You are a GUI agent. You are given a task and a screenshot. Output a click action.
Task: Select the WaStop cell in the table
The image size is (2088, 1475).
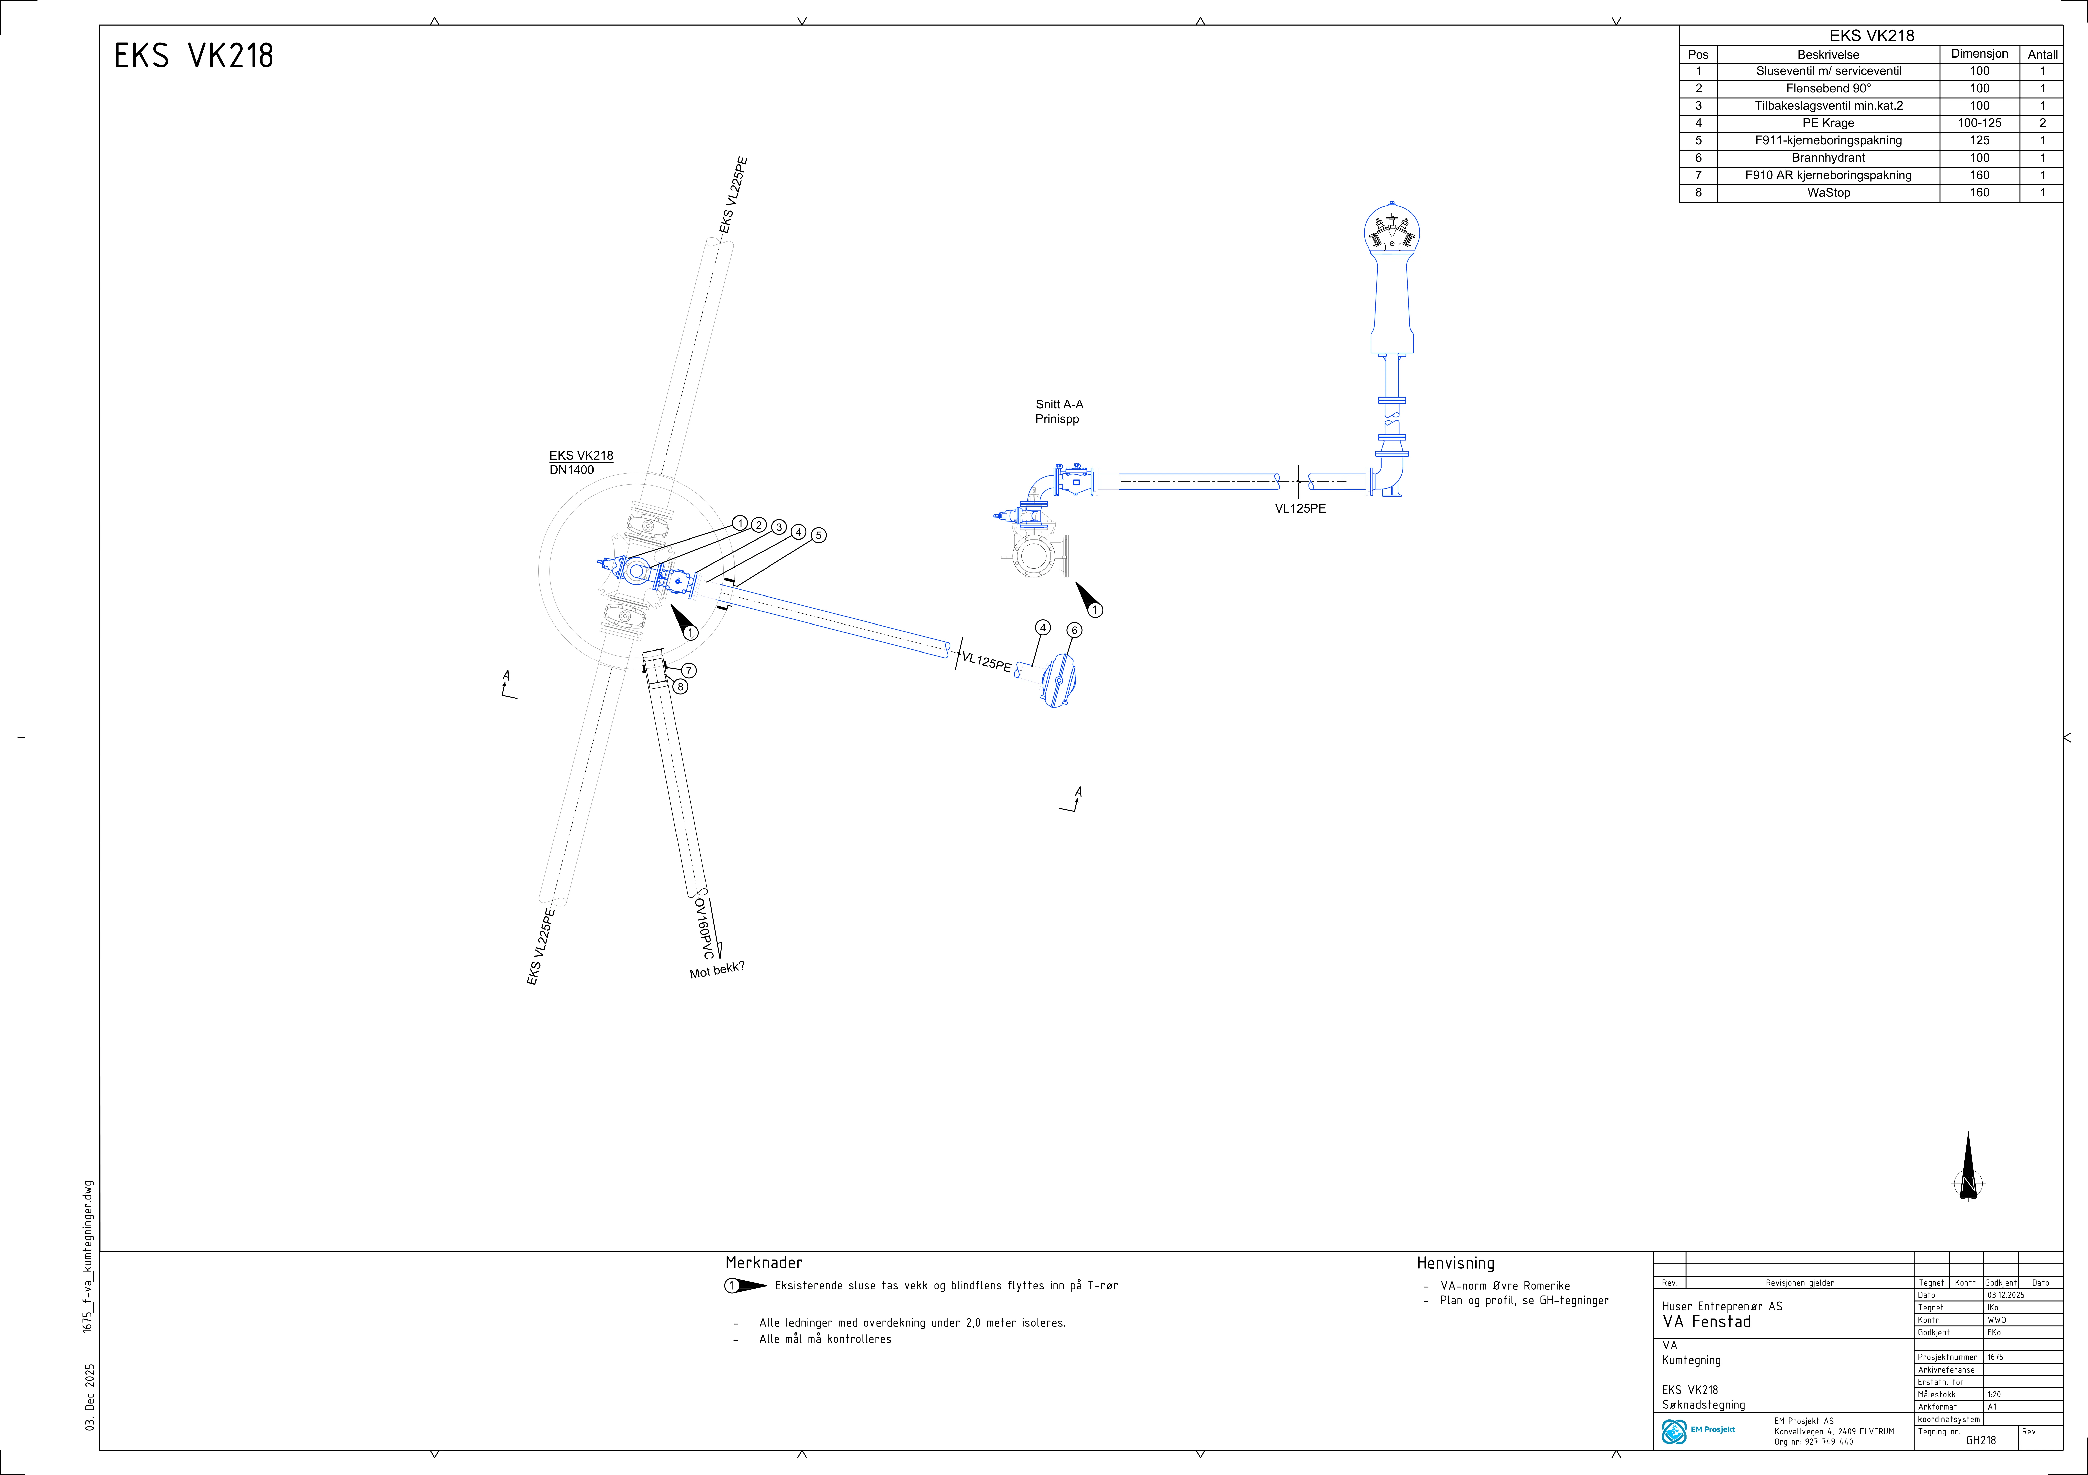point(1828,193)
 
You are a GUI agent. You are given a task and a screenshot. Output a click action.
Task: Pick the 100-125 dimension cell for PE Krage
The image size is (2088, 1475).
point(1979,123)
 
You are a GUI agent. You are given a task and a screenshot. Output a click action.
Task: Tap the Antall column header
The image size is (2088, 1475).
point(2042,54)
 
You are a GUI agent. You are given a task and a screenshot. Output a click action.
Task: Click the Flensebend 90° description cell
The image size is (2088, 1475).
point(1828,88)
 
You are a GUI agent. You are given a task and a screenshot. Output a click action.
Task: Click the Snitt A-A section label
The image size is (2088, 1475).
point(1059,405)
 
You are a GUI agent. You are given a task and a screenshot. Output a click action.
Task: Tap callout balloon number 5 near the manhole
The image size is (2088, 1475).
point(819,536)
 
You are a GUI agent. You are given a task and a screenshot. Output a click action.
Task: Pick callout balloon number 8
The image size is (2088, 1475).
point(680,687)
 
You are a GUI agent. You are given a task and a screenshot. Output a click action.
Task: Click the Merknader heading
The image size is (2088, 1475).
point(764,1262)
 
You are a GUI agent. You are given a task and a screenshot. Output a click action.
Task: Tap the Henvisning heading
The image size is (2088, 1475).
point(1455,1263)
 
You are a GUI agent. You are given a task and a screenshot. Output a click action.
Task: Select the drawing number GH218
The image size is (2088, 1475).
point(1981,1440)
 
